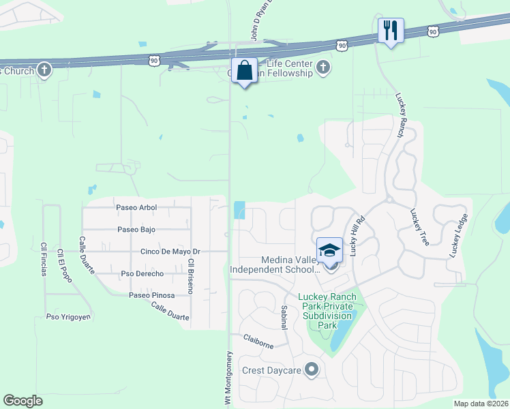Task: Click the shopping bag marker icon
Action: (244, 71)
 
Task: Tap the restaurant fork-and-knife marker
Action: (391, 31)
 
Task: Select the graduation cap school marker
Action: (330, 251)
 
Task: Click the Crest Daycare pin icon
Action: (312, 370)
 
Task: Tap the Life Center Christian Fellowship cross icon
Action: (323, 67)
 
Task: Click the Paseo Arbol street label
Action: (136, 207)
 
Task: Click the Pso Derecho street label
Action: (142, 273)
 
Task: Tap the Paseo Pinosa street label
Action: (152, 295)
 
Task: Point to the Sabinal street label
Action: (284, 318)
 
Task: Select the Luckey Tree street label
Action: (418, 227)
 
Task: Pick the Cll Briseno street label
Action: (192, 276)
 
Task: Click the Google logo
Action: (22, 401)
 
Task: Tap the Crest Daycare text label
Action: (272, 371)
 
